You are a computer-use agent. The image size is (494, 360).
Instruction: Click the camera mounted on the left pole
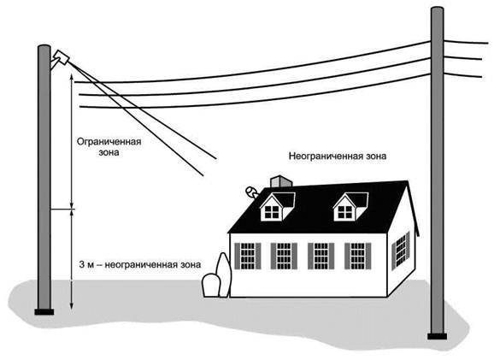[x=61, y=57]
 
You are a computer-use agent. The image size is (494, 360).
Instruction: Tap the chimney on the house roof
[x=281, y=181]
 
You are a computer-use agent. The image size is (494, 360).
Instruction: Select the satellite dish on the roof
[x=252, y=192]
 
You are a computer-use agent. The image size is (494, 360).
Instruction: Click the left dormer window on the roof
[x=277, y=206]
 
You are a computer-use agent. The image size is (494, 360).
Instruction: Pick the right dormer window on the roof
[x=350, y=206]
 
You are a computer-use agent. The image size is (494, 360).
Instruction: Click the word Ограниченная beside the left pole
[x=109, y=142]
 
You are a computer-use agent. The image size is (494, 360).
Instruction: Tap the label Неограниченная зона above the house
[x=338, y=156]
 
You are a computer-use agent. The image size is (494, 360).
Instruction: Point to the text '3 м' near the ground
[x=86, y=264]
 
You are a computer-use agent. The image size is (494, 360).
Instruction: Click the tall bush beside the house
[x=224, y=274]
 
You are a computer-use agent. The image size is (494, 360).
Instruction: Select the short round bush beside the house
[x=210, y=286]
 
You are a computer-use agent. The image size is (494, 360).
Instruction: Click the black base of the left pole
[x=44, y=312]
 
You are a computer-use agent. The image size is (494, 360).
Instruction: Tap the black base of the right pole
[x=437, y=336]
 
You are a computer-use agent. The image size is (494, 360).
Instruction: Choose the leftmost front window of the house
[x=248, y=256]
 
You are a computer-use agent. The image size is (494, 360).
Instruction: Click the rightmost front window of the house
[x=357, y=256]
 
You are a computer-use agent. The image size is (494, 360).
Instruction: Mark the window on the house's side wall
[x=401, y=251]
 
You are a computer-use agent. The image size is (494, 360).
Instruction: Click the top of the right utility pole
[x=437, y=10]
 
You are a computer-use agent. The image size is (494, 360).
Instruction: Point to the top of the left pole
[x=44, y=48]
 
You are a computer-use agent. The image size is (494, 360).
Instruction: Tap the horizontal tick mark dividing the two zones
[x=62, y=209]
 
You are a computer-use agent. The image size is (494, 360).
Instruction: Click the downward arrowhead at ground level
[x=72, y=305]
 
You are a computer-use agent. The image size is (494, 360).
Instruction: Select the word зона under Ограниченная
[x=109, y=152]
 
